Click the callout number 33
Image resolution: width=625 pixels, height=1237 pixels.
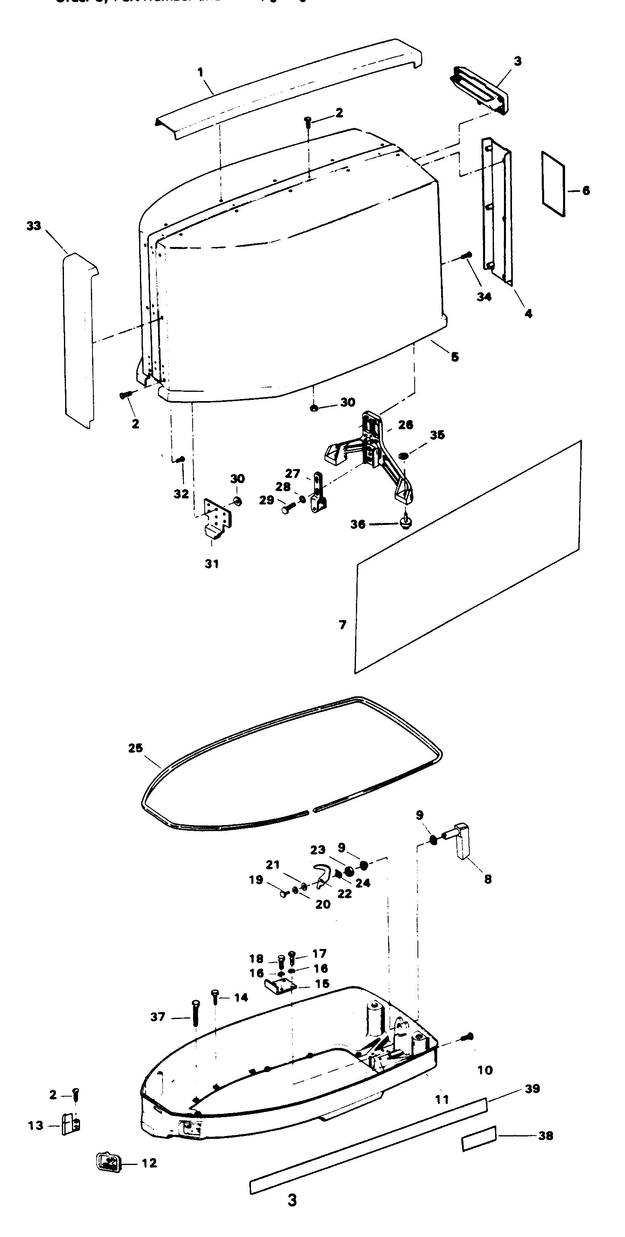coord(34,226)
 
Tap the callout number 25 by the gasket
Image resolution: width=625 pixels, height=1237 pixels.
coord(136,748)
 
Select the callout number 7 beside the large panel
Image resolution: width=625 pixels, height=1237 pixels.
coord(342,625)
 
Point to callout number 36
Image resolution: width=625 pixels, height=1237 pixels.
coord(358,525)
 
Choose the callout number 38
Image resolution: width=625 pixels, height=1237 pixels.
coord(546,1136)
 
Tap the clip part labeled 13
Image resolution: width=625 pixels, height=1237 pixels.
coord(71,1125)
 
